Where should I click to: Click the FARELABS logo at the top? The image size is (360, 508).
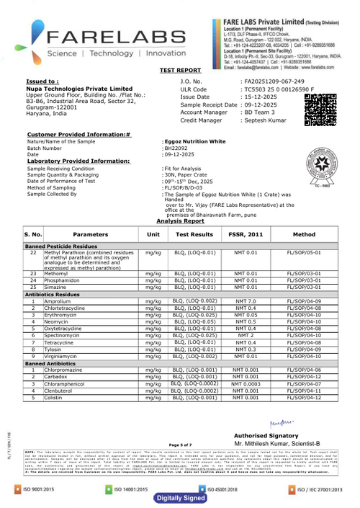(108, 40)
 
